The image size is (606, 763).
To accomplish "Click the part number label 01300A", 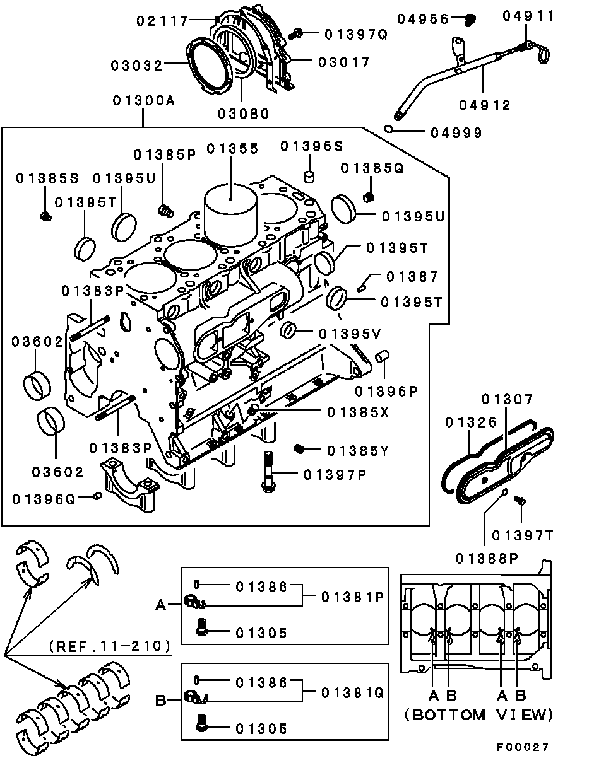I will point(144,101).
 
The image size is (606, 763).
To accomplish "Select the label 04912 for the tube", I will point(485,106).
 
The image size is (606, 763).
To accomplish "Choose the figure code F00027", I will point(522,747).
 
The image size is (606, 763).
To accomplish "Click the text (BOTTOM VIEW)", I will point(480,715).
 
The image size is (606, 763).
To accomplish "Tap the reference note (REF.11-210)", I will point(109,646).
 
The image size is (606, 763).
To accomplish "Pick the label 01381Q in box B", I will point(352,692).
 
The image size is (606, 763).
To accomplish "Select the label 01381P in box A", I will point(352,597).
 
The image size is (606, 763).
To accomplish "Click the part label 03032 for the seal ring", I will point(138,65).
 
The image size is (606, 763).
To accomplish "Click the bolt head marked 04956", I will point(469,20).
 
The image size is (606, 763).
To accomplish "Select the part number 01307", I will point(508,399).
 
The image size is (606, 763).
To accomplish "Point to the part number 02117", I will point(163,21).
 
